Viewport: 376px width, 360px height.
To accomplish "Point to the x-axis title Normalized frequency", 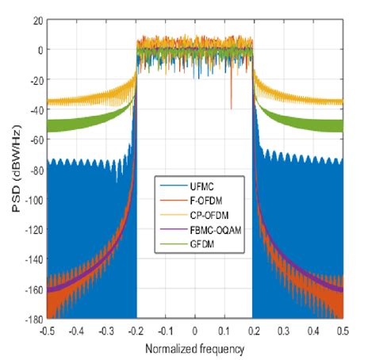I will [x=195, y=348].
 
